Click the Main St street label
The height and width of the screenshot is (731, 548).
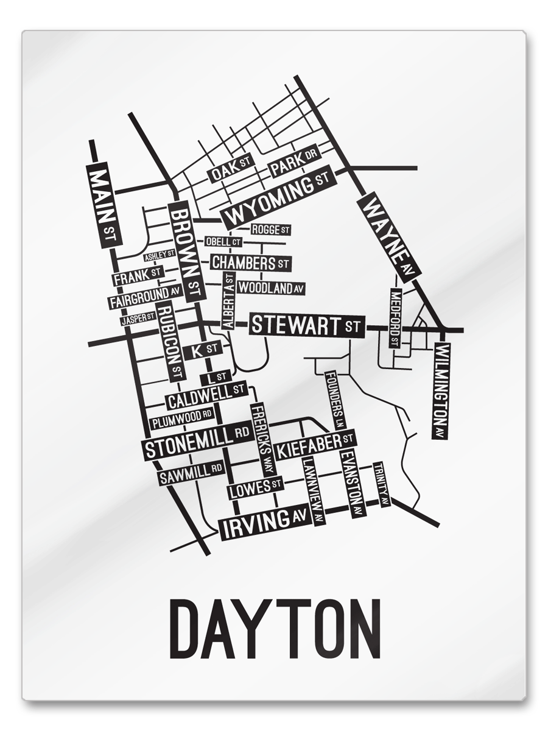(x=102, y=205)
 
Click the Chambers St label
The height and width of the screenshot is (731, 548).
(x=250, y=263)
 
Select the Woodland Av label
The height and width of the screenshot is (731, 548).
(x=271, y=288)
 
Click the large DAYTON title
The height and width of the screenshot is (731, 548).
(x=275, y=627)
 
